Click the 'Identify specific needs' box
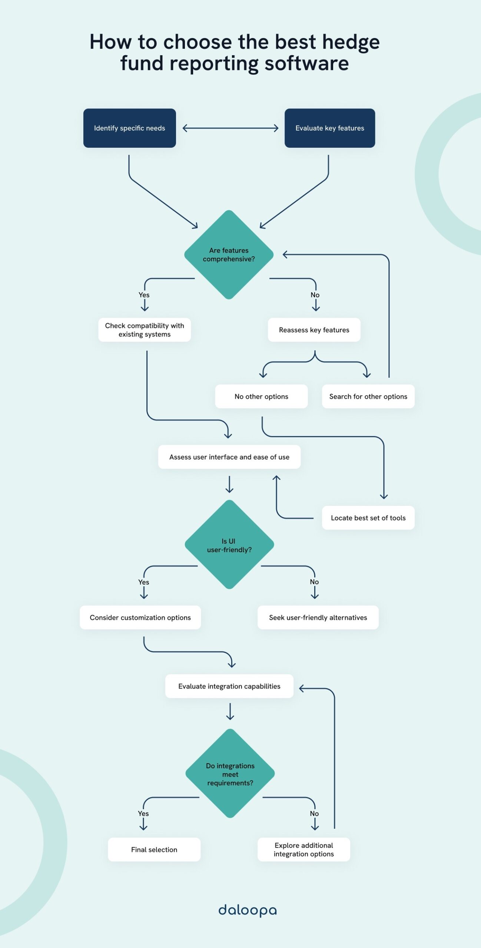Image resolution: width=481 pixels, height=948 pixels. click(x=129, y=128)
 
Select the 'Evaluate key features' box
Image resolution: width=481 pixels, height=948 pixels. click(x=329, y=128)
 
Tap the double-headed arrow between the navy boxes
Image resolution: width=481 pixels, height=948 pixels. click(x=230, y=128)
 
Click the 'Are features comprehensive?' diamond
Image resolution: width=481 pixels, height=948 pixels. click(x=229, y=255)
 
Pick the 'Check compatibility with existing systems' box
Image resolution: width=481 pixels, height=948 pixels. click(x=145, y=330)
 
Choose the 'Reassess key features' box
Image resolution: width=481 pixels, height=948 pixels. click(x=314, y=330)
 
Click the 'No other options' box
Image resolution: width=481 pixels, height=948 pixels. click(x=261, y=396)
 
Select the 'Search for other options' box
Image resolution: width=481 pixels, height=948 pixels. click(x=368, y=396)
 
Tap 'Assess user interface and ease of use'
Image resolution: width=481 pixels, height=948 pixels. click(x=229, y=457)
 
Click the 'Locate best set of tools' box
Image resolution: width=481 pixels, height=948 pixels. click(x=368, y=518)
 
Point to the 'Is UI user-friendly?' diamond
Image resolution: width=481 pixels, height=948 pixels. click(x=229, y=545)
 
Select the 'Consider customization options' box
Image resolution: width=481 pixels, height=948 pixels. click(x=140, y=617)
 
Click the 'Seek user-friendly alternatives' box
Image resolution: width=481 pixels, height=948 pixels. click(x=318, y=617)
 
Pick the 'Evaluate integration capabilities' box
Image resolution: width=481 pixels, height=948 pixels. click(x=229, y=686)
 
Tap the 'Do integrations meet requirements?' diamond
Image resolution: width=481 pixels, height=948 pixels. click(x=230, y=774)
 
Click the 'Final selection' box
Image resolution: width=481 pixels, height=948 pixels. click(x=154, y=849)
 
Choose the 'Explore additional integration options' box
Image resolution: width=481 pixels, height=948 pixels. click(x=303, y=849)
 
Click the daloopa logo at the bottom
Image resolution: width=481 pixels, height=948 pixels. click(x=247, y=910)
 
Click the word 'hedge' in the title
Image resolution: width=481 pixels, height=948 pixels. click(x=351, y=42)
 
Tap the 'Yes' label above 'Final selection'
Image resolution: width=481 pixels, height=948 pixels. click(x=143, y=813)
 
